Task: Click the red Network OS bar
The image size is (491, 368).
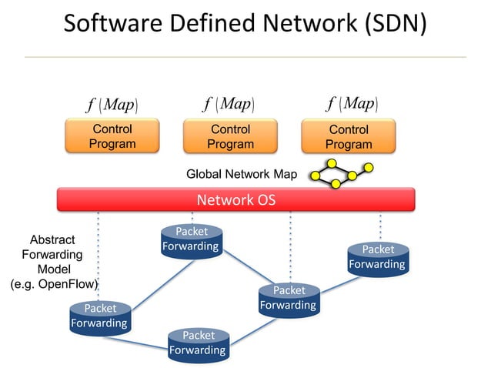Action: pos(235,199)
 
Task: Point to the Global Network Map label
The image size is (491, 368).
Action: pos(242,174)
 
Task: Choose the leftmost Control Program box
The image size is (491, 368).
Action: pos(112,136)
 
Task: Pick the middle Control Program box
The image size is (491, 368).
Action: pos(230,136)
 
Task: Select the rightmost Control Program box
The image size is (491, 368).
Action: pos(348,137)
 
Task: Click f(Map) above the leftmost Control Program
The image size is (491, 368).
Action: pos(112,103)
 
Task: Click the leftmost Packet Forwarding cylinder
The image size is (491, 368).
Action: pos(100,316)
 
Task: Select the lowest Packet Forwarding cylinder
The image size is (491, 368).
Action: pos(199,343)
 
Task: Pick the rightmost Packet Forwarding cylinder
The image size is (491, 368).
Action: pos(377,257)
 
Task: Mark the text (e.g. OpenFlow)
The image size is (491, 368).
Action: pos(54,284)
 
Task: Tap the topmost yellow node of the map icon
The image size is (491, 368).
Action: pos(332,163)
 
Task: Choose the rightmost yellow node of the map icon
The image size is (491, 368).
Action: pos(369,167)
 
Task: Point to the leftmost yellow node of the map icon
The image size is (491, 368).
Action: pos(315,176)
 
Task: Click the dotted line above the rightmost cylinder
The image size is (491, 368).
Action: pos(380,226)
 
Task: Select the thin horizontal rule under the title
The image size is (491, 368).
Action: pos(245,57)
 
